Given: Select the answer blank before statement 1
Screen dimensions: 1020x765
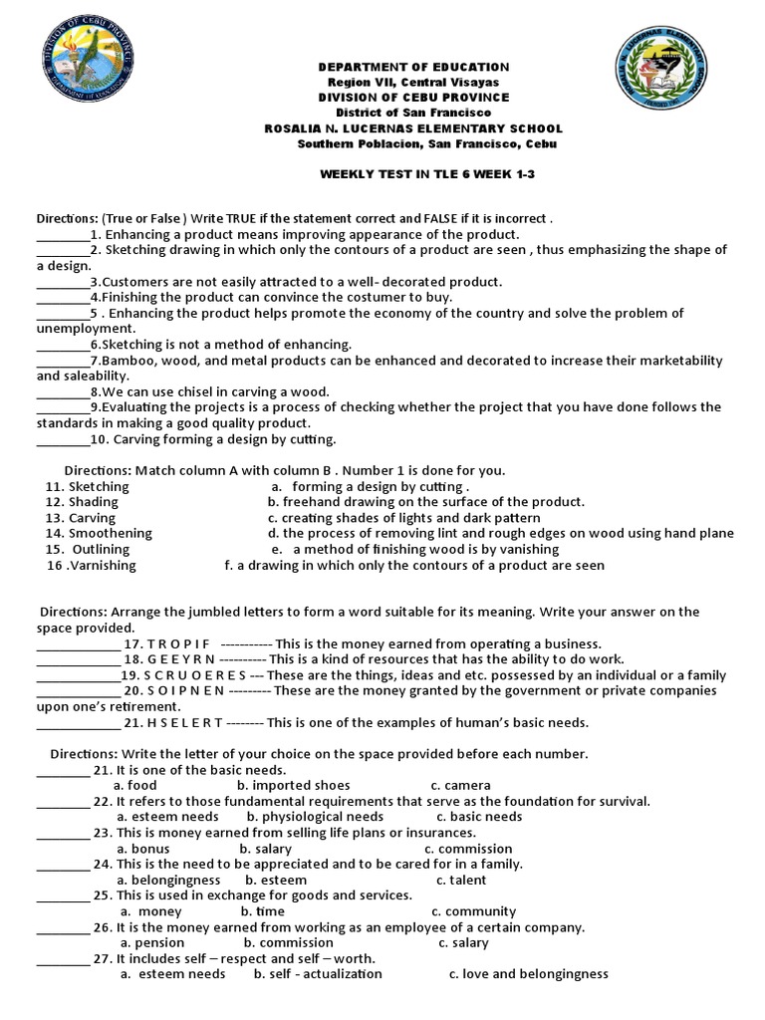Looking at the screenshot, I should (x=63, y=234).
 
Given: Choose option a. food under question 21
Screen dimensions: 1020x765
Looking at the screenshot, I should (x=136, y=785).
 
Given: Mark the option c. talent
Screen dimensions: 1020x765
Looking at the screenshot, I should (x=461, y=880).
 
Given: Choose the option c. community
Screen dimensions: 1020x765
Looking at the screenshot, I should (x=473, y=911).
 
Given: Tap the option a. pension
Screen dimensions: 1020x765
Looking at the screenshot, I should (x=152, y=942).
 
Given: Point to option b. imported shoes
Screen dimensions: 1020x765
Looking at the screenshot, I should (x=293, y=785).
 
